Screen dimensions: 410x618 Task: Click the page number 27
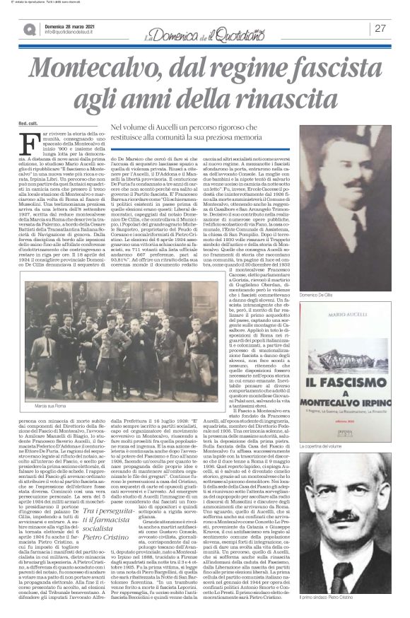[x=380, y=28]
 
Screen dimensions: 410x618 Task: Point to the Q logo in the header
[x=30, y=29]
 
